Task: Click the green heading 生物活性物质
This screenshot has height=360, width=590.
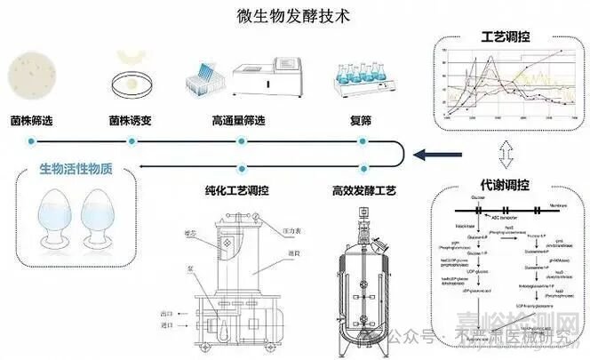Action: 69,171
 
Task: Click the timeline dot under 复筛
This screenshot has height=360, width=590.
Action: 362,141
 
